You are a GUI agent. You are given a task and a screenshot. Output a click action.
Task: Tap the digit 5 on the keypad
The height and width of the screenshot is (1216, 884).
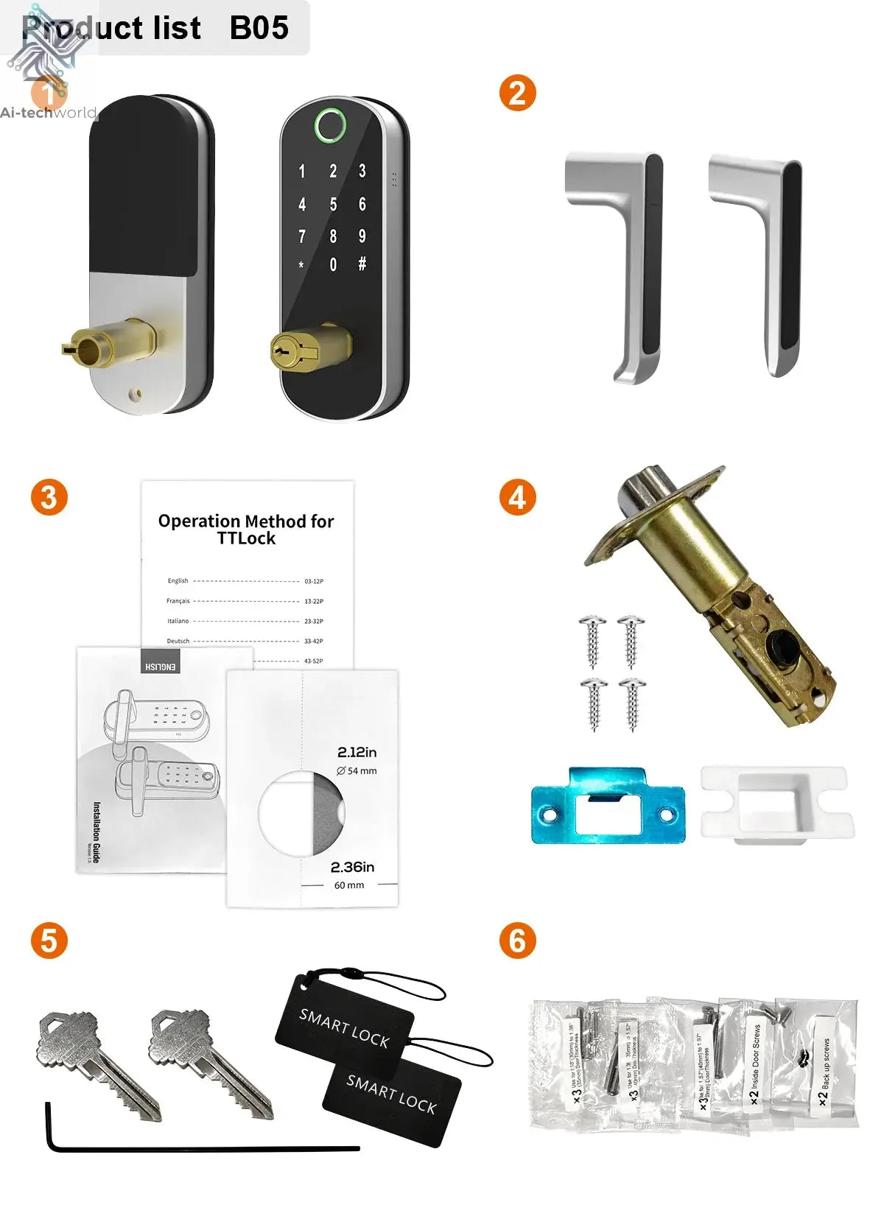(333, 204)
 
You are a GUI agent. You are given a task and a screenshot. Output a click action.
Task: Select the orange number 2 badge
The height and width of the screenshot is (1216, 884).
(517, 94)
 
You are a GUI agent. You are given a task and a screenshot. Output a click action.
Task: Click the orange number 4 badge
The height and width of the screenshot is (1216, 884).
(517, 497)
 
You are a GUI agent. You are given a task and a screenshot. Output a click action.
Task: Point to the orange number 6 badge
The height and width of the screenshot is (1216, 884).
(517, 941)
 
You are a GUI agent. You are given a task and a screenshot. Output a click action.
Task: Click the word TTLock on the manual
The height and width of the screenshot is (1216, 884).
(246, 538)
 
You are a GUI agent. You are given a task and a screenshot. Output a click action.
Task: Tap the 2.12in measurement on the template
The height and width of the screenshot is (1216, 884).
(357, 752)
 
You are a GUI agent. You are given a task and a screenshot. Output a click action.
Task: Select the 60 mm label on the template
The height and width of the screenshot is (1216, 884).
(349, 885)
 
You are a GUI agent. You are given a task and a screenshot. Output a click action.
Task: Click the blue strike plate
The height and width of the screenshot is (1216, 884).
(608, 806)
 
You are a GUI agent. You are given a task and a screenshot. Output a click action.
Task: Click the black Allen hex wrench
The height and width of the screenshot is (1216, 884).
(199, 1147)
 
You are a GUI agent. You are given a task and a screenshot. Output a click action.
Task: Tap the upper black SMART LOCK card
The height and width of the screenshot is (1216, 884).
(344, 1027)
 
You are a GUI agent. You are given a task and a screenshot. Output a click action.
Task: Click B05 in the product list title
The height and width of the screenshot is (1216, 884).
(259, 28)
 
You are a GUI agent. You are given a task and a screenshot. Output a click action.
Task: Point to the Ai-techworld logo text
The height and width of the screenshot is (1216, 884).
(49, 113)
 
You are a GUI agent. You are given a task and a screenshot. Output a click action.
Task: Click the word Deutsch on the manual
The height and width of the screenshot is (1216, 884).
(178, 641)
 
